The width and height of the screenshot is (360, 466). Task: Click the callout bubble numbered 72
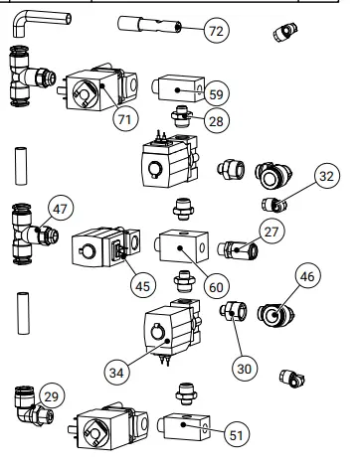pos(215,32)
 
